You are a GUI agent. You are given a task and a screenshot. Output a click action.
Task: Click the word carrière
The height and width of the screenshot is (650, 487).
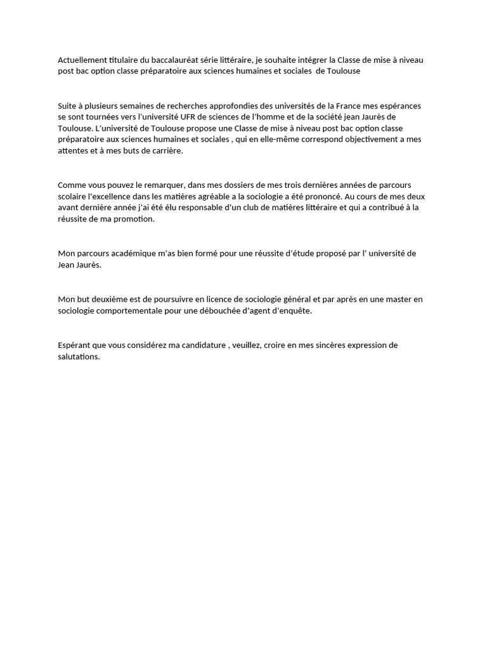coord(165,151)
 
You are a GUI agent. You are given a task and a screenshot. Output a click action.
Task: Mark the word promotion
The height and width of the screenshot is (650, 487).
coord(133,219)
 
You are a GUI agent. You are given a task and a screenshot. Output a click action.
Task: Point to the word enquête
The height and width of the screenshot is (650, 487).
coord(293,310)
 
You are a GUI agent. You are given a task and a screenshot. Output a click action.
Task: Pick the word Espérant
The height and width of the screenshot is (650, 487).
coord(75,345)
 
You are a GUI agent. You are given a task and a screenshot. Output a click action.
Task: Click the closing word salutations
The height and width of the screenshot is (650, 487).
coord(79,356)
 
